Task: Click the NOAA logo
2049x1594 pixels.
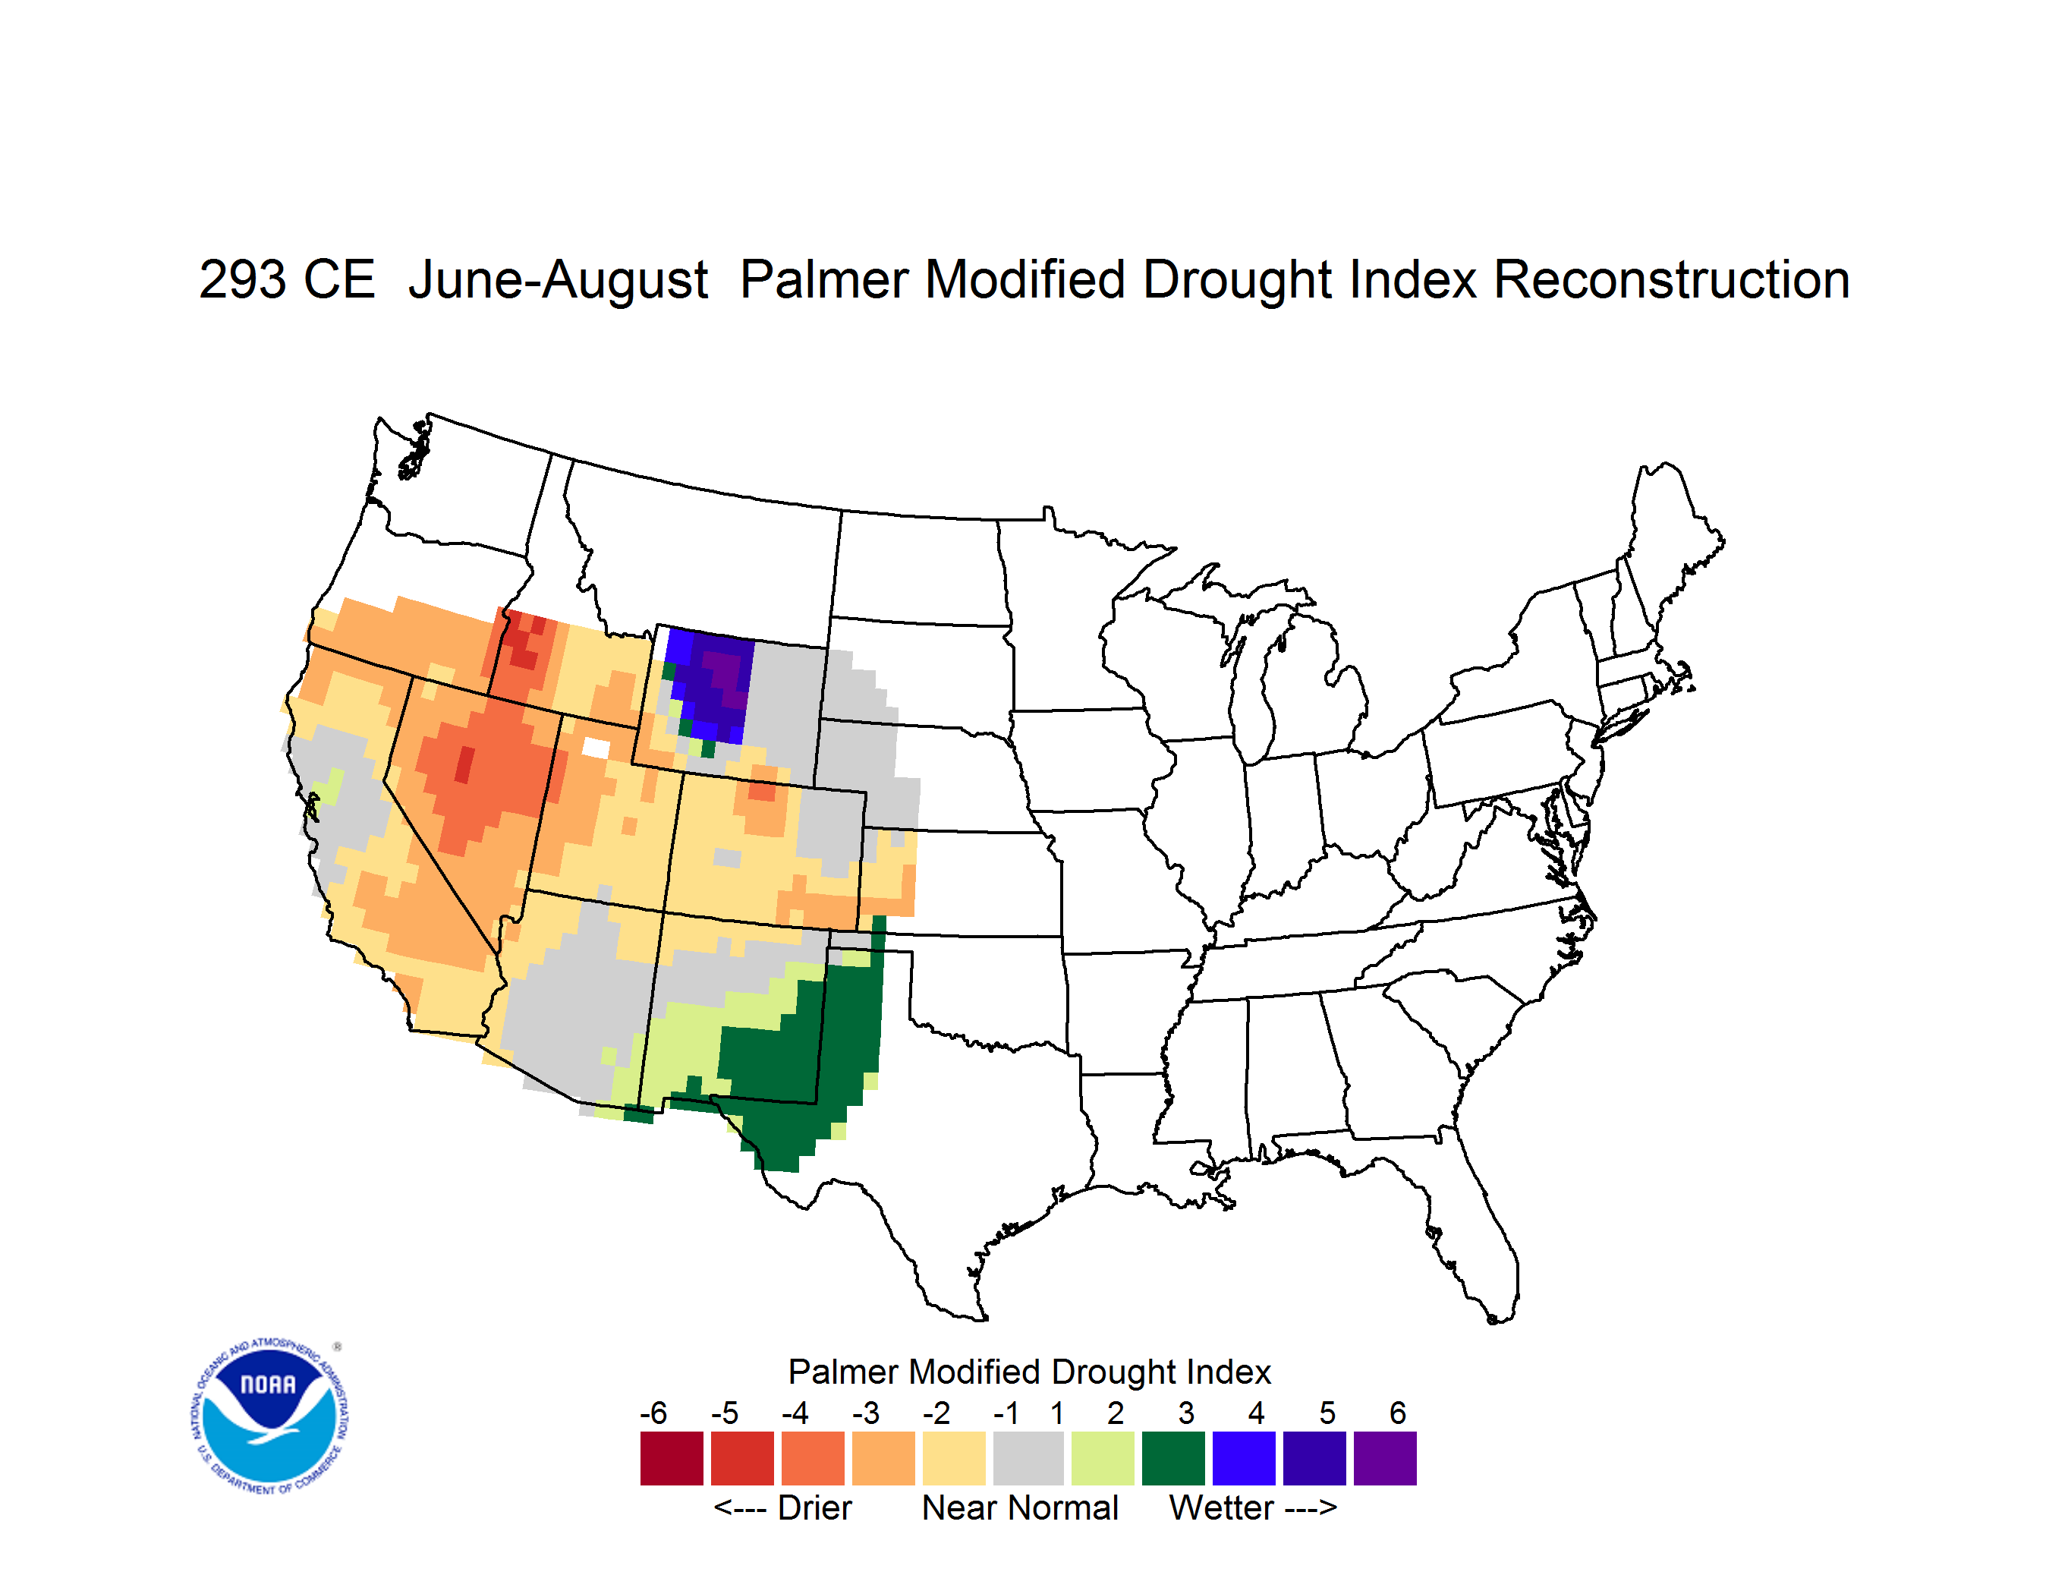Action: pos(270,1416)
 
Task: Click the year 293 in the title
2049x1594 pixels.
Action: pos(242,279)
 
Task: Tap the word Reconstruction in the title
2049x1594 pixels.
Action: pos(1671,279)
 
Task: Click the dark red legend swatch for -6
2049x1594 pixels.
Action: pos(672,1458)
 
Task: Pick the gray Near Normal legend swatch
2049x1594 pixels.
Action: pos(1028,1458)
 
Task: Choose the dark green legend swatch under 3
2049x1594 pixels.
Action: pos(1172,1458)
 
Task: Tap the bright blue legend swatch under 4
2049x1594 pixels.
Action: pos(1244,1458)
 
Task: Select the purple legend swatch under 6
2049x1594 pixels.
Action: pos(1385,1458)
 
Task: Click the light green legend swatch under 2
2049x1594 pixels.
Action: pos(1103,1458)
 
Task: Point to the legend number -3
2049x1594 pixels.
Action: pos(865,1413)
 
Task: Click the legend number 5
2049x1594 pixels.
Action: pos(1327,1413)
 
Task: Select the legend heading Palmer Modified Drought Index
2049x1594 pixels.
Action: pos(1029,1372)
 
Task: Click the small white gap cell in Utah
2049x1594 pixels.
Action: pos(596,748)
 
